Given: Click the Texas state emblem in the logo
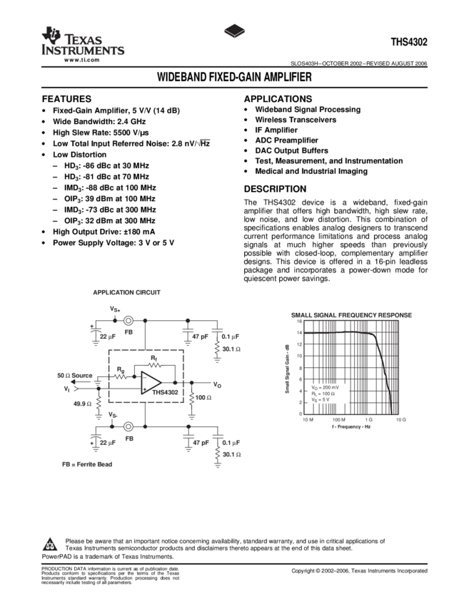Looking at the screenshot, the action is click(50, 36).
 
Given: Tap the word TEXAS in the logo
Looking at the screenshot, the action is click(84, 38).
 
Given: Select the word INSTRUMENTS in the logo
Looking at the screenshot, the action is click(83, 51).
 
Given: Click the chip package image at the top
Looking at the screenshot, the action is click(234, 31).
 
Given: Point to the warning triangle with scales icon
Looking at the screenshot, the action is click(49, 545).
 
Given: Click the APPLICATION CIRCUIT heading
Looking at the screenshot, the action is click(126, 292).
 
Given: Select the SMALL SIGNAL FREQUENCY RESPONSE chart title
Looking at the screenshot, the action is click(351, 315).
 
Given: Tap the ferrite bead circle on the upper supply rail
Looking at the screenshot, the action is click(128, 321).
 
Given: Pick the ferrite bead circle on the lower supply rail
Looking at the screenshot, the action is click(128, 426).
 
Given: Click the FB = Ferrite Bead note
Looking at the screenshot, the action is click(86, 464).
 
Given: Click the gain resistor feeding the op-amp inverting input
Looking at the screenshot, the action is click(121, 376).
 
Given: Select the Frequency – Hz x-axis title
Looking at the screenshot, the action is click(351, 426).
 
